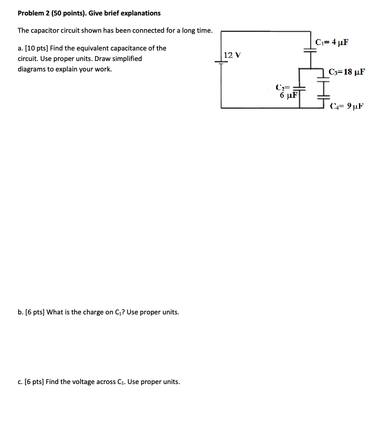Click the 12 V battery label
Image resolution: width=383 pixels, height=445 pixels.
pos(232,55)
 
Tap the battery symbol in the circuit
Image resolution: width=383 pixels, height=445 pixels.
pos(222,63)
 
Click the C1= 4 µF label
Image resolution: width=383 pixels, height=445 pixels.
pos(332,42)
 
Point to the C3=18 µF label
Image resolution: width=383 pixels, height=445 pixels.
pos(347,72)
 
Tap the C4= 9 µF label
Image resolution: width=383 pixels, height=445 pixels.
pos(347,106)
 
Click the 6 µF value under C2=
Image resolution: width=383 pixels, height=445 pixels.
pos(288,95)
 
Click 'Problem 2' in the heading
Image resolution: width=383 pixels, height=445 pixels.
pos(34,13)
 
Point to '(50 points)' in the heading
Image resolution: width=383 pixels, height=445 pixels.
pos(68,13)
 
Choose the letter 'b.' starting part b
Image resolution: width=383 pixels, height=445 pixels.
pos(20,312)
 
